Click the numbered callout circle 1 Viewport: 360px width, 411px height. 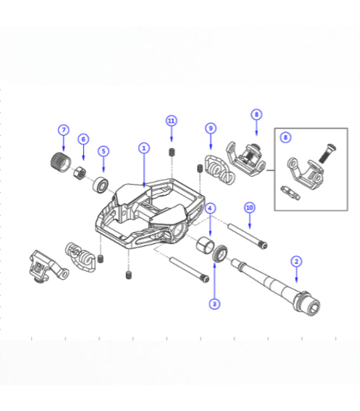point(144,148)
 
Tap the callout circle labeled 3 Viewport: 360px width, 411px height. point(215,304)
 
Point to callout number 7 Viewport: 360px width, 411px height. point(63,130)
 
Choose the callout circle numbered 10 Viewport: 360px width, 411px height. point(249,208)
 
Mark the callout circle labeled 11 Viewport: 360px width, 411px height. point(171,121)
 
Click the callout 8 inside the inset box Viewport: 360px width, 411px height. point(285,138)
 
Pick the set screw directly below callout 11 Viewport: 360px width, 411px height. point(171,152)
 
